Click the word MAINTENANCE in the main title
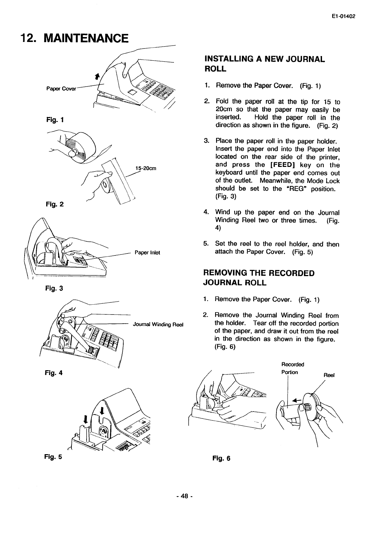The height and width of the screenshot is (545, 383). pyautogui.click(x=86, y=39)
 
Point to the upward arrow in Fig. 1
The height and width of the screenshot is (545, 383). pyautogui.click(x=96, y=77)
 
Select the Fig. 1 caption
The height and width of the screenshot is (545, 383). pyautogui.click(x=52, y=120)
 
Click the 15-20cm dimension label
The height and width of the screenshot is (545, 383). pyautogui.click(x=145, y=168)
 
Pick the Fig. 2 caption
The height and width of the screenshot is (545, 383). pyautogui.click(x=52, y=204)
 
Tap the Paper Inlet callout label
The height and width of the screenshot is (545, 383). pyautogui.click(x=147, y=252)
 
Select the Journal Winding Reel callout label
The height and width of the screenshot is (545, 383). pyautogui.click(x=157, y=325)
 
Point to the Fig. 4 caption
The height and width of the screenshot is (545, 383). pyautogui.click(x=53, y=373)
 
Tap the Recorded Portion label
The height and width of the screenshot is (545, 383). pyautogui.click(x=292, y=368)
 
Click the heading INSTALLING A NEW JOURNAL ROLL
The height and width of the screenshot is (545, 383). pyautogui.click(x=264, y=64)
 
